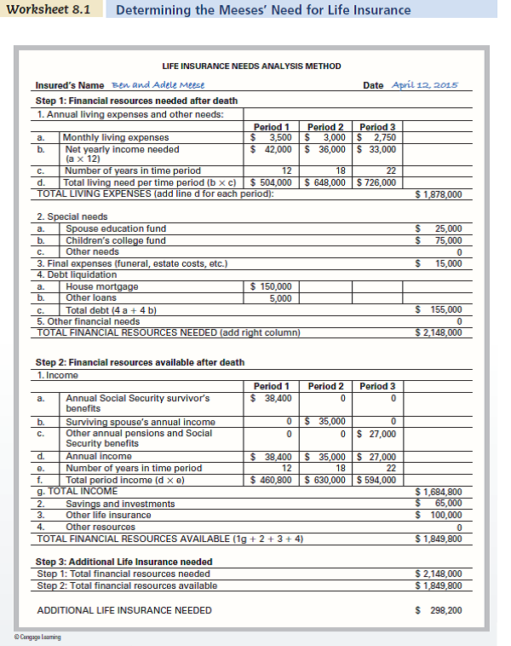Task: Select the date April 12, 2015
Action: pyautogui.click(x=424, y=85)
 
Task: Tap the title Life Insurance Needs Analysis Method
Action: pyautogui.click(x=251, y=66)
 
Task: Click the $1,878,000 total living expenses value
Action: pyautogui.click(x=438, y=194)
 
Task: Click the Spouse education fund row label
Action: pyautogui.click(x=116, y=228)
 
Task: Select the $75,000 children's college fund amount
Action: pyautogui.click(x=438, y=240)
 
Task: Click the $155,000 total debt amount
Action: pyautogui.click(x=438, y=310)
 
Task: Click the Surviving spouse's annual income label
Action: pyautogui.click(x=141, y=422)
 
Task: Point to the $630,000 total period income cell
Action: pyautogui.click(x=324, y=479)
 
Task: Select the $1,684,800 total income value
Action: pyautogui.click(x=438, y=492)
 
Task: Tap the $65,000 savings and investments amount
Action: pyautogui.click(x=438, y=504)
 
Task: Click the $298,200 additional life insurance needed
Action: pyautogui.click(x=438, y=610)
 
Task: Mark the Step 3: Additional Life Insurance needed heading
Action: pyautogui.click(x=123, y=562)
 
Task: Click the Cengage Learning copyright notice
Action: pyautogui.click(x=37, y=637)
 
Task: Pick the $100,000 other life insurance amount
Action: pyautogui.click(x=438, y=515)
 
